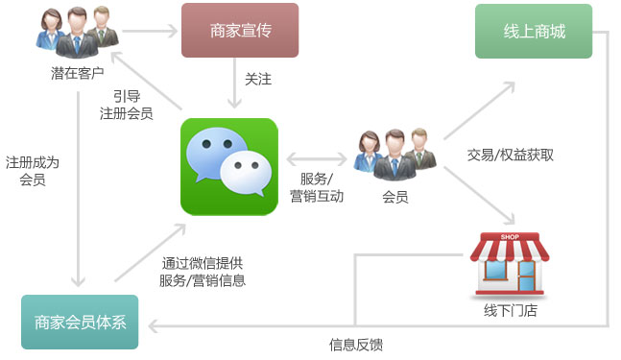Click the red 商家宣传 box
(240, 31)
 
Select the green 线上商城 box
(534, 31)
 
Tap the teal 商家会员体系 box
(79, 323)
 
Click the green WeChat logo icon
(228, 166)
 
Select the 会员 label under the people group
(395, 197)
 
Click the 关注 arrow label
(258, 80)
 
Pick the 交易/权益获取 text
(510, 155)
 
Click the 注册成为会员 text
(32, 171)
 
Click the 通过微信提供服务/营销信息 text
(203, 272)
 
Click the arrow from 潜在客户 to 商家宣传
(150, 30)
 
